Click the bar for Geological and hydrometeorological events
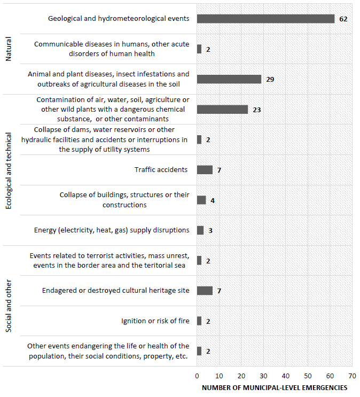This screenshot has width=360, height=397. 265,19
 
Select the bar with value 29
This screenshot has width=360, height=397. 229,79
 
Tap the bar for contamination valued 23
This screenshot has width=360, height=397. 222,110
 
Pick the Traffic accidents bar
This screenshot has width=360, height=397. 205,170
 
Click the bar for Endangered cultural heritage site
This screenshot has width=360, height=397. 205,291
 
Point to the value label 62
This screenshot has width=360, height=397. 343,19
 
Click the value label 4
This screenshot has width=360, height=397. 212,200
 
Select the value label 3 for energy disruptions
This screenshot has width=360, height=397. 210,230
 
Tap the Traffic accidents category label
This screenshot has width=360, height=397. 161,170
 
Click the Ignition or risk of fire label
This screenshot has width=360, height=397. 155,321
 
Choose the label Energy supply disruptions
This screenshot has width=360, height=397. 111,230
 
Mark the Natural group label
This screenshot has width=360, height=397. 8,49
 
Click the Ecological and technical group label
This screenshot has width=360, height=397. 8,170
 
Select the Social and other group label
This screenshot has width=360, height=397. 8,306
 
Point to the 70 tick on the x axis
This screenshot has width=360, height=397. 352,376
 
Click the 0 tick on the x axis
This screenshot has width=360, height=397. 197,376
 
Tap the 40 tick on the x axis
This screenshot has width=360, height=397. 286,376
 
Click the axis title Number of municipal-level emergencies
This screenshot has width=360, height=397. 275,387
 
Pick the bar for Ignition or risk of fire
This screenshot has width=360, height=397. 199,321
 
